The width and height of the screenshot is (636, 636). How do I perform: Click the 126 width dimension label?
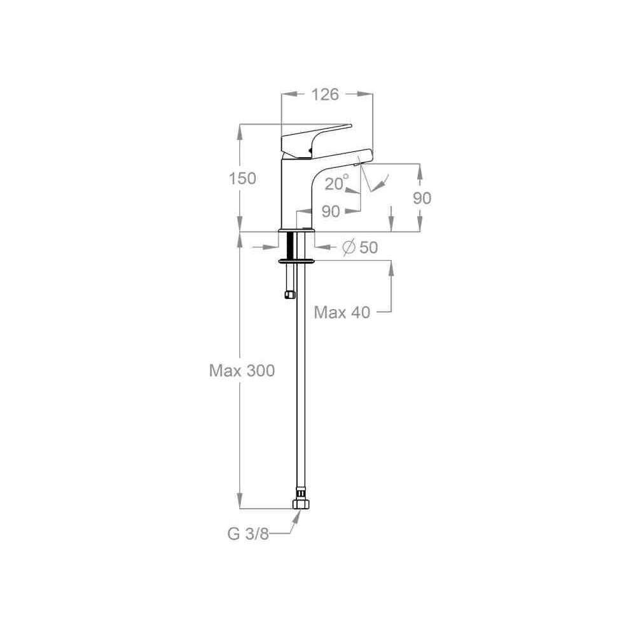pyautogui.click(x=325, y=95)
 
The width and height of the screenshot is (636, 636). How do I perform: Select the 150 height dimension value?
pyautogui.click(x=242, y=179)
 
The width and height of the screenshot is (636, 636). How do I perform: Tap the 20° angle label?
pyautogui.click(x=336, y=183)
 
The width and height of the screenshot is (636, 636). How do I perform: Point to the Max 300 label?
pyautogui.click(x=242, y=370)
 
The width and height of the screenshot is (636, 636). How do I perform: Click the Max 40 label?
pyautogui.click(x=342, y=312)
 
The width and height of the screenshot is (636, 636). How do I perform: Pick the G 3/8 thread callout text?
pyautogui.click(x=248, y=534)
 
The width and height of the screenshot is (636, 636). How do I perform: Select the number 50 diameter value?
pyautogui.click(x=369, y=247)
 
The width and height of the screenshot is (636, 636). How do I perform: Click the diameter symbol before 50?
pyautogui.click(x=349, y=247)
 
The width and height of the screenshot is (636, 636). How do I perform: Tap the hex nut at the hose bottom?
pyautogui.click(x=301, y=504)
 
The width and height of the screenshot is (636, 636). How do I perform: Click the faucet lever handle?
pyautogui.click(x=312, y=140)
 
